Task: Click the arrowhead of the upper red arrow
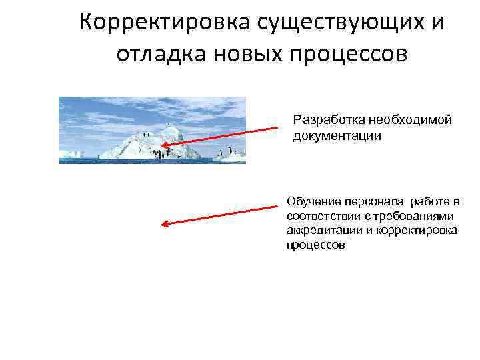[163, 143]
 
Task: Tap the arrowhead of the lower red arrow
[165, 225]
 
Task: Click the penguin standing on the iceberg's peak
[169, 125]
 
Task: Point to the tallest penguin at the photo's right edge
[231, 153]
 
